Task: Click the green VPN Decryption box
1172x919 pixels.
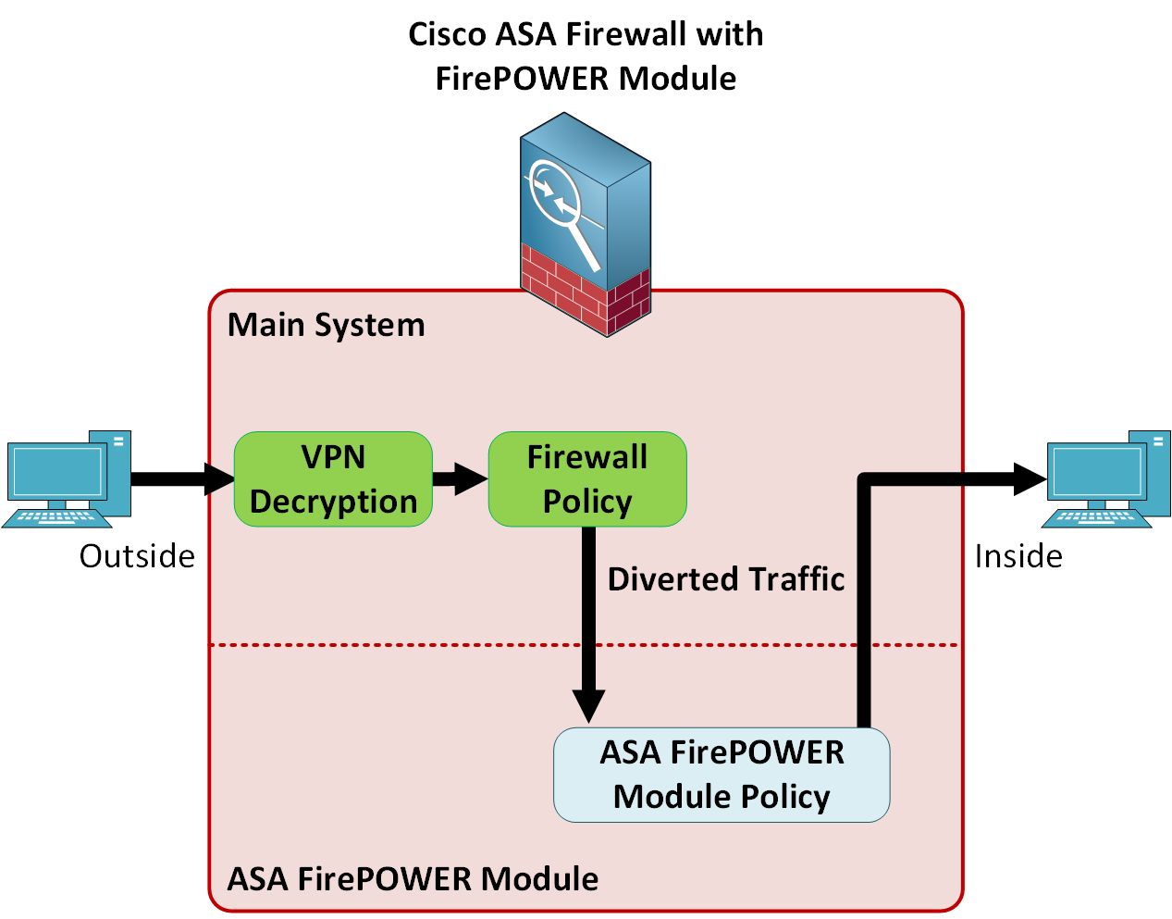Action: coord(333,479)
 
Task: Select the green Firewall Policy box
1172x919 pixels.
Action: coord(587,479)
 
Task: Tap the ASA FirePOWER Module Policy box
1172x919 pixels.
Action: coord(722,776)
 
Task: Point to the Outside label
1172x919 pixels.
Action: coord(137,556)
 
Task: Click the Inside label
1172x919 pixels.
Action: coord(1018,556)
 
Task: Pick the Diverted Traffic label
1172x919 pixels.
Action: coord(726,579)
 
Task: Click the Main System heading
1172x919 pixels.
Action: coord(326,326)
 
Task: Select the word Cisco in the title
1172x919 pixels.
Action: coord(448,35)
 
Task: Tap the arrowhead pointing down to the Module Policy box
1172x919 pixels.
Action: coord(588,704)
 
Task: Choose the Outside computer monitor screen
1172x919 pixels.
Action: coord(56,473)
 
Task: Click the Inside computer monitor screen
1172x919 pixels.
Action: coord(1096,473)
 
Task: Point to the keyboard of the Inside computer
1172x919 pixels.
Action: coord(1096,517)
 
